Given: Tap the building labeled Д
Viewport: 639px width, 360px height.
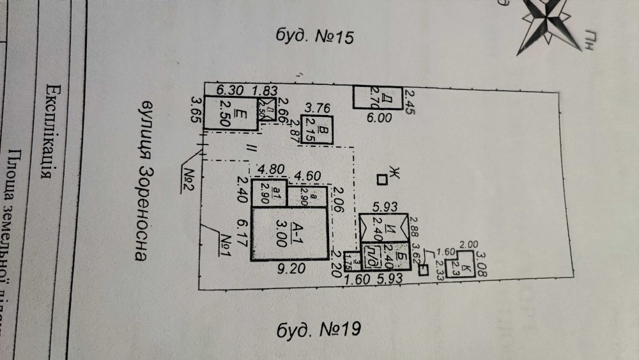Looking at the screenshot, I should (x=378, y=98).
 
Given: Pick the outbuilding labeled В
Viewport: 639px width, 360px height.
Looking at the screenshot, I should (x=318, y=130).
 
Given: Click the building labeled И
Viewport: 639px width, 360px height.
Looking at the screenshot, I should (x=382, y=226).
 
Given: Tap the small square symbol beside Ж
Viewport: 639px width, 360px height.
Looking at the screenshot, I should (x=381, y=180).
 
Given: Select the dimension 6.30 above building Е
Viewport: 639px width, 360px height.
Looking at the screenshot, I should (x=229, y=90).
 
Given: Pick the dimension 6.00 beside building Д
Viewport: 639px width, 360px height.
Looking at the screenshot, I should (x=378, y=118).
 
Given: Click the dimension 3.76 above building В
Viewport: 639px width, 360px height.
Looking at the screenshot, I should (x=317, y=108).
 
